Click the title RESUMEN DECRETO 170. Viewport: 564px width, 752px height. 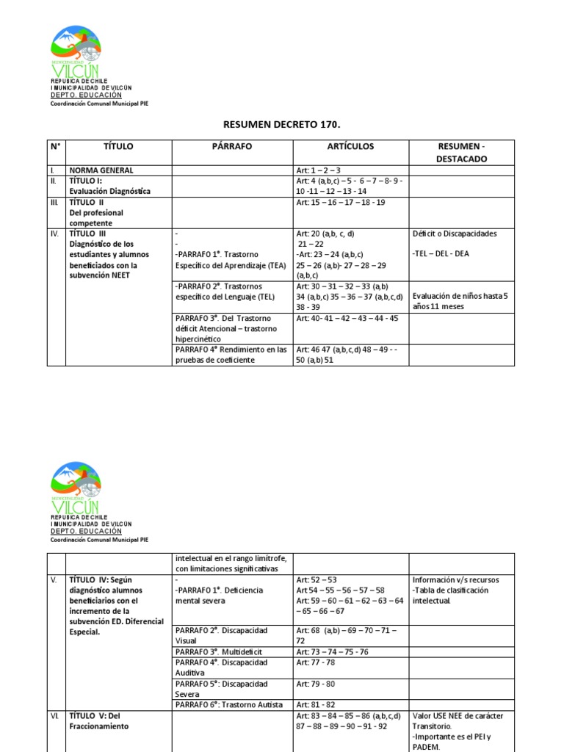282,125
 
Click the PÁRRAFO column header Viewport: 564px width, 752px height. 232,146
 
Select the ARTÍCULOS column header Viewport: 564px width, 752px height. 350,146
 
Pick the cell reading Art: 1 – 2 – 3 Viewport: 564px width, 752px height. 319,170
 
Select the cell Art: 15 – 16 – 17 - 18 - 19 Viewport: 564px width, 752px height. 340,202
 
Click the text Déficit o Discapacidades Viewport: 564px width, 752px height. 455,234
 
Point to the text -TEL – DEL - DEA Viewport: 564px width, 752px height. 441,254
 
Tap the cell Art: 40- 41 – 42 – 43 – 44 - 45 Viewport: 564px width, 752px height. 347,318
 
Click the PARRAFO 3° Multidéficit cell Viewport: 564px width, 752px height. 218,651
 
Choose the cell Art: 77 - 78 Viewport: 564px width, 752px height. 317,662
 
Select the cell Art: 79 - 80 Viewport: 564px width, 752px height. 317,683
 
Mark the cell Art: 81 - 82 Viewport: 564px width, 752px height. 317,704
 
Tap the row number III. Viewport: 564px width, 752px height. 54,202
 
